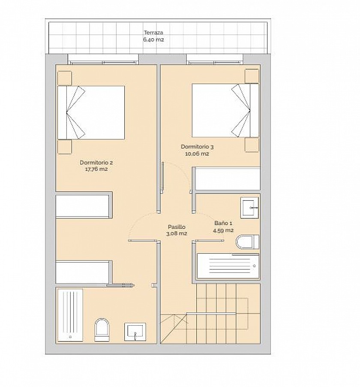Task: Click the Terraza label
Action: tap(153, 33)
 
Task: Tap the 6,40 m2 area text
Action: tap(153, 39)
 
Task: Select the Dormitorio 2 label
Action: tap(96, 163)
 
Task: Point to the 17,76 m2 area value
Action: tap(96, 169)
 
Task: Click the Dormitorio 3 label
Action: tap(197, 147)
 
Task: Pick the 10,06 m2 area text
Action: tap(197, 154)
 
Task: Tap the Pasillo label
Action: tap(177, 227)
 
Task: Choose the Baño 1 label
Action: tap(223, 223)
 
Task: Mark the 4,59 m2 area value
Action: tap(223, 230)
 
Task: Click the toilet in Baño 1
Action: tap(247, 242)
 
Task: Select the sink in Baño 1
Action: tap(249, 208)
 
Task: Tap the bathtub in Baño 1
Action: tap(228, 266)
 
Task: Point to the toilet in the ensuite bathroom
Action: tap(102, 330)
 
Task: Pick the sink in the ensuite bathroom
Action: tap(135, 332)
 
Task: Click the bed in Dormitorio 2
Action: tap(91, 112)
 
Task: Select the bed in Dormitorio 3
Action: tap(225, 110)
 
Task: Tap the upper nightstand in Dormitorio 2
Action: tap(65, 78)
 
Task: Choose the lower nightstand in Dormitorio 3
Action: tap(252, 145)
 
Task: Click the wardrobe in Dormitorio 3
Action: tap(228, 178)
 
